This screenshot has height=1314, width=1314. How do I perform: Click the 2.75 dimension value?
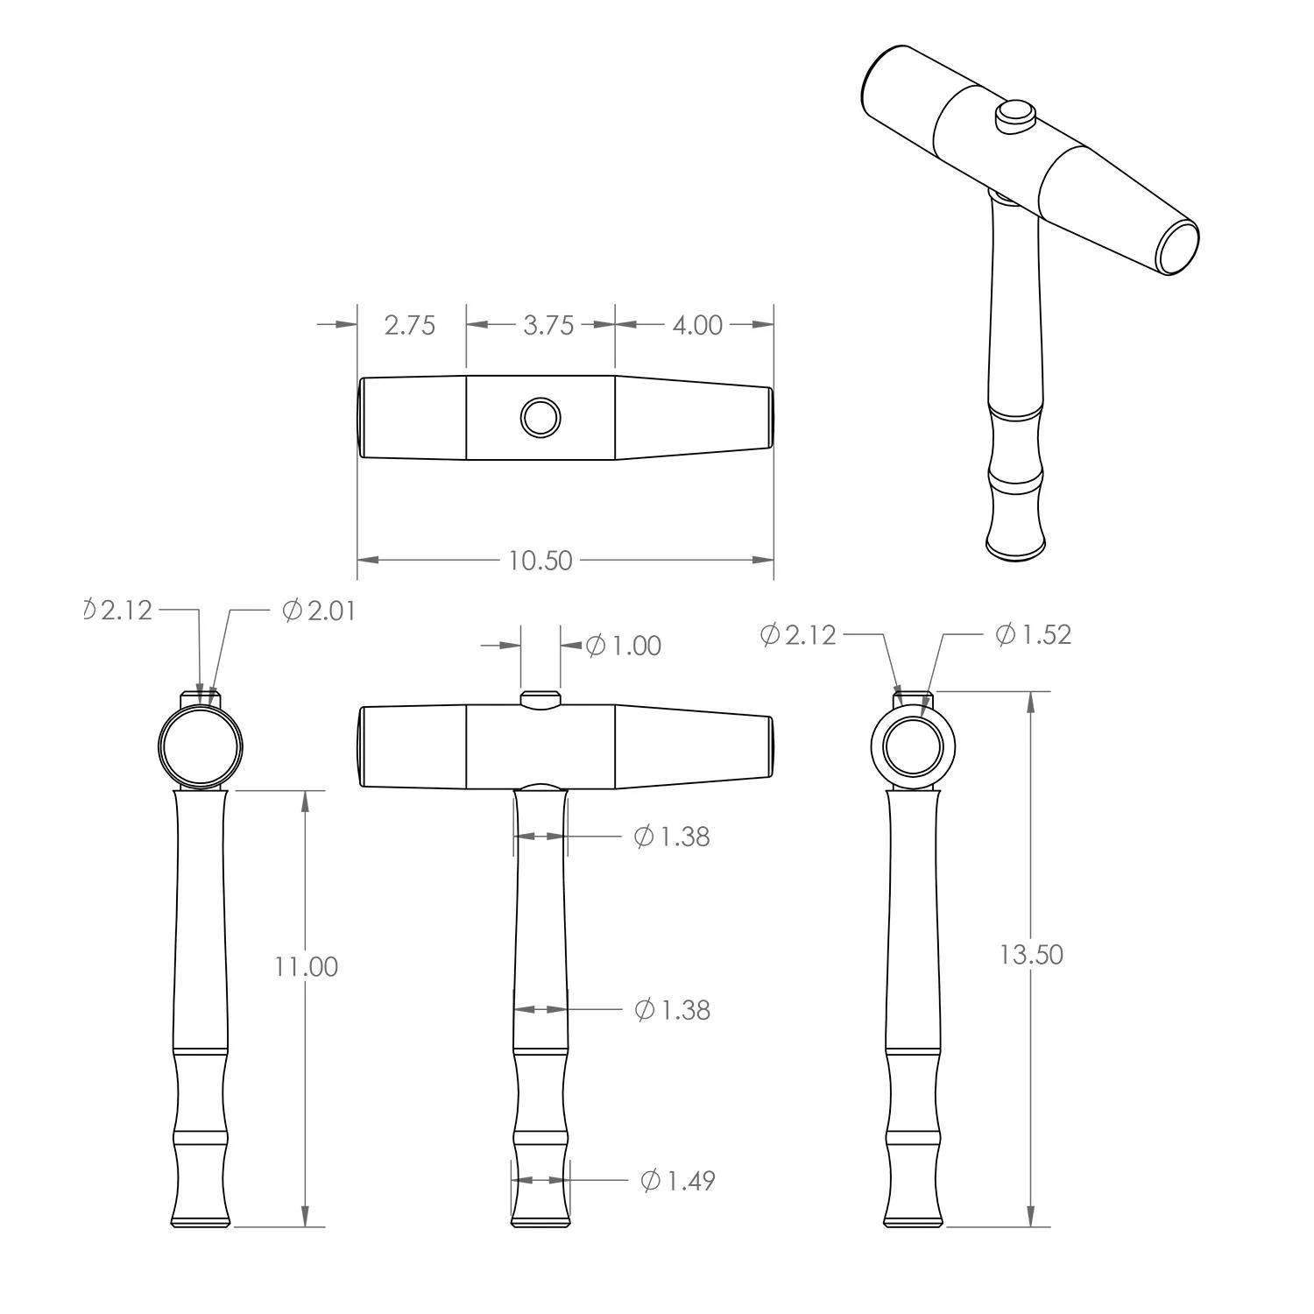[409, 325]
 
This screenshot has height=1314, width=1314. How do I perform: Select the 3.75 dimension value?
[548, 325]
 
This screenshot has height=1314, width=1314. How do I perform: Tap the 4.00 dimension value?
[697, 325]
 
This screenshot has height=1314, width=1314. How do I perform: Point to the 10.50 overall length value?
[540, 560]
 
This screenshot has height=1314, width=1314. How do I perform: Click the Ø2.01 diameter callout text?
[320, 611]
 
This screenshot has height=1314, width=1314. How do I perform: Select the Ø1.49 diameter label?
[678, 1181]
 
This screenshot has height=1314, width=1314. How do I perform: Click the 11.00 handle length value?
[306, 966]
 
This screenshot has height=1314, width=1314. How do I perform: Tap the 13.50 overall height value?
[1031, 954]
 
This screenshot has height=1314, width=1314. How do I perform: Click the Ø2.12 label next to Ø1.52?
[798, 634]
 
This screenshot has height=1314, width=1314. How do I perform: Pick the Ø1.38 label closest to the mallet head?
[672, 837]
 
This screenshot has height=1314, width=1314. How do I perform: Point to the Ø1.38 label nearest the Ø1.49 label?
[672, 1010]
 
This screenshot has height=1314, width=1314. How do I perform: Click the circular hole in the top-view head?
[540, 417]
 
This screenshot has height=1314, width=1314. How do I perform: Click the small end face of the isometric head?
[1178, 248]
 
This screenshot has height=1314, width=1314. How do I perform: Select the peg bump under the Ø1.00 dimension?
[540, 699]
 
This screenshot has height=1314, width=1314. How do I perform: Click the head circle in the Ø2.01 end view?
[200, 746]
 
